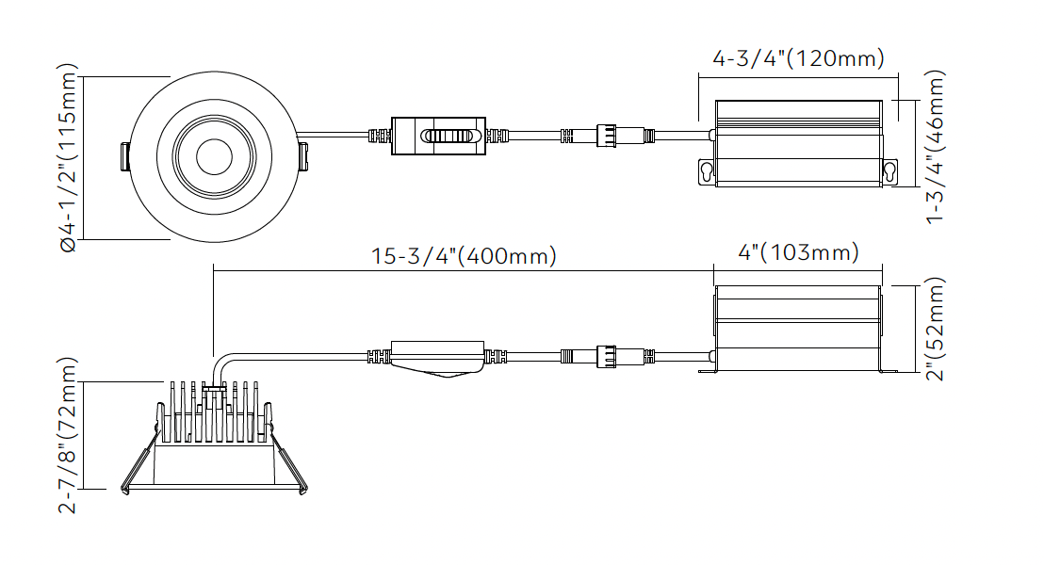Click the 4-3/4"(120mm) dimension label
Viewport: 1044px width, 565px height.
click(x=798, y=58)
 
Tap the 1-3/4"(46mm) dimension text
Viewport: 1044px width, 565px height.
click(x=936, y=146)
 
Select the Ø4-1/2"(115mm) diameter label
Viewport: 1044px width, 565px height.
click(x=67, y=157)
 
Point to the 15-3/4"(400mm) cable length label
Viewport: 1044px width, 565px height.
click(x=464, y=256)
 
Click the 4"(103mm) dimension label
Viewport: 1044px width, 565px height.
click(x=798, y=252)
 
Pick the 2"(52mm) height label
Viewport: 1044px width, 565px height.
click(x=936, y=328)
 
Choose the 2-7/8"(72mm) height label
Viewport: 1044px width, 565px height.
click(x=67, y=434)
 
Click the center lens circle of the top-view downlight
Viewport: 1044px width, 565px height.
click(x=215, y=157)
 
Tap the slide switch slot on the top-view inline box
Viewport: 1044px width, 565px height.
click(x=449, y=136)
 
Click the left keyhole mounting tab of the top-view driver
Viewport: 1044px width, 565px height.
click(x=707, y=171)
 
